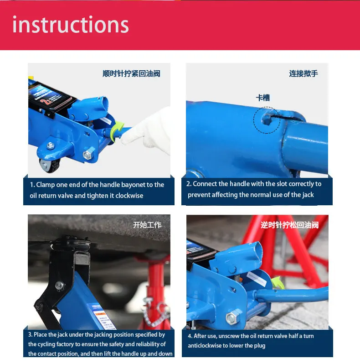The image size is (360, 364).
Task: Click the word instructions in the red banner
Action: point(71,24)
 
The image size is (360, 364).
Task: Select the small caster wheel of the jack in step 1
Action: point(49,165)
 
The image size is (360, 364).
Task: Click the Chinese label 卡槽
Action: point(263,98)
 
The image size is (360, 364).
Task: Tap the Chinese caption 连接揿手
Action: point(303,73)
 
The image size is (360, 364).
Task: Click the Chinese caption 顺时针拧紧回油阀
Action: point(131,73)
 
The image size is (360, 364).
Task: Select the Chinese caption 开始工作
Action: point(147,225)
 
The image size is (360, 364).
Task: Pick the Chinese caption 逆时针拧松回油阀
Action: point(289,225)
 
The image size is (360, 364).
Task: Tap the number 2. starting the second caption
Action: point(189,184)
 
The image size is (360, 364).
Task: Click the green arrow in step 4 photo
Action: point(278,282)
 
